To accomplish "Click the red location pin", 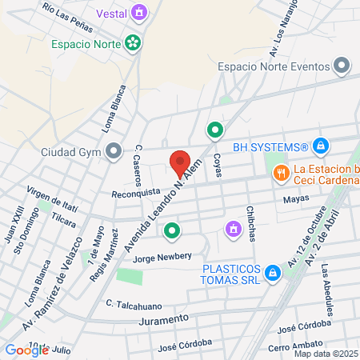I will [180, 161].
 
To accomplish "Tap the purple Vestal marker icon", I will [141, 13].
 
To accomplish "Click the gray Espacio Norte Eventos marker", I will [343, 65].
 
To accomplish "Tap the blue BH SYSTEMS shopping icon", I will [321, 146].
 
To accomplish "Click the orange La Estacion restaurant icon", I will [280, 172].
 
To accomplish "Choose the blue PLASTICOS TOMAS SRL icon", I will [273, 273].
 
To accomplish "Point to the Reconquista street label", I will [136, 194].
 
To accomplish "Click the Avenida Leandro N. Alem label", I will [160, 204].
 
